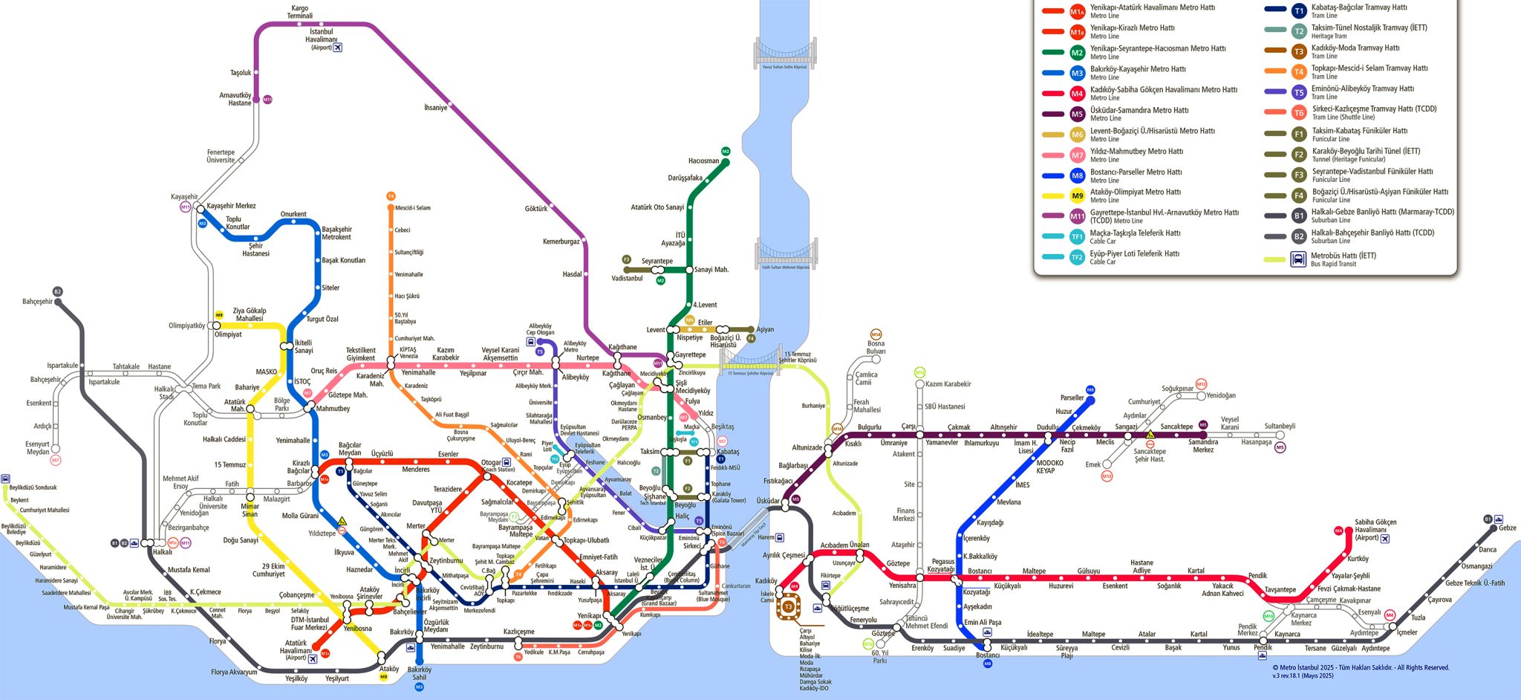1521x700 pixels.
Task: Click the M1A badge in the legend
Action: pyautogui.click(x=1077, y=11)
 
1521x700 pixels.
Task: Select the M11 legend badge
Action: pyautogui.click(x=1077, y=216)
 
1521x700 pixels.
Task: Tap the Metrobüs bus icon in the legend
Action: pyautogui.click(x=1298, y=259)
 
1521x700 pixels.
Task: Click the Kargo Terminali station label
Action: pyautogui.click(x=299, y=12)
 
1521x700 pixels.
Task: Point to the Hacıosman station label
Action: pyautogui.click(x=703, y=161)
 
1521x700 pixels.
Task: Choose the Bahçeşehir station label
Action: pyautogui.click(x=37, y=302)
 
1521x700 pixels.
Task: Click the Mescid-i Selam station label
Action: pyautogui.click(x=412, y=208)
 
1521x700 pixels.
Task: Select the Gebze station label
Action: pyautogui.click(x=1507, y=528)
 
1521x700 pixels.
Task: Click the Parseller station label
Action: pyautogui.click(x=1072, y=398)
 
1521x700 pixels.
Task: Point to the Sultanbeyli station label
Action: pyautogui.click(x=1280, y=426)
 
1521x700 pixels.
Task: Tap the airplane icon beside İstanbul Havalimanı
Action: pyautogui.click(x=338, y=48)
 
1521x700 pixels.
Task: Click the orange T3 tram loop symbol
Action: pyautogui.click(x=789, y=607)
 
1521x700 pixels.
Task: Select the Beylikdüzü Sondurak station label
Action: pyautogui.click(x=33, y=487)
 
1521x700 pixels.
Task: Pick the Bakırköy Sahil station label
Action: pyautogui.click(x=419, y=673)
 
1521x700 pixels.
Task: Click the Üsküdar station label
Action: pyautogui.click(x=768, y=501)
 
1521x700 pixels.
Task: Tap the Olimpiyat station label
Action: pyautogui.click(x=228, y=334)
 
